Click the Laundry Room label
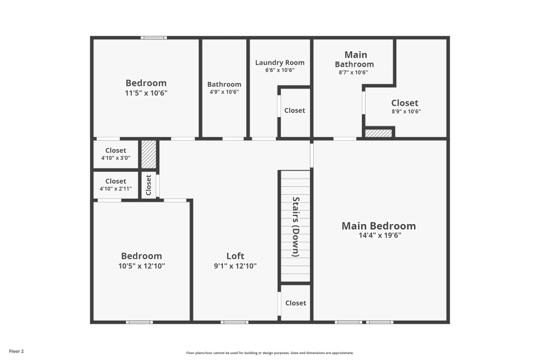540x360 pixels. tap(280, 63)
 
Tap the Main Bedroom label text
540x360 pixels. tap(379, 226)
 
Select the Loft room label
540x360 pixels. tap(235, 256)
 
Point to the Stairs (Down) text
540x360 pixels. tap(296, 227)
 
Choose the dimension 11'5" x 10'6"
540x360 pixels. tap(146, 93)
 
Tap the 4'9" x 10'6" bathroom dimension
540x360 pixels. tap(224, 92)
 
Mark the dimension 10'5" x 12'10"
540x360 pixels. tap(141, 266)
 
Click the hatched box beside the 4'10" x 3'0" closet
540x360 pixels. tap(149, 154)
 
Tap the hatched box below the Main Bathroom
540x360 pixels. tap(379, 133)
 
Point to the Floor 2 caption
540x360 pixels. tap(16, 351)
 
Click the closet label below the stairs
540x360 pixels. tap(295, 303)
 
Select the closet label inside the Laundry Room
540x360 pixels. tap(294, 111)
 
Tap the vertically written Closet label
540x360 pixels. tap(148, 185)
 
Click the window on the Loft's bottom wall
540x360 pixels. tap(234, 322)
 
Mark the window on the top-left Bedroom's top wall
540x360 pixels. tap(154, 38)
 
